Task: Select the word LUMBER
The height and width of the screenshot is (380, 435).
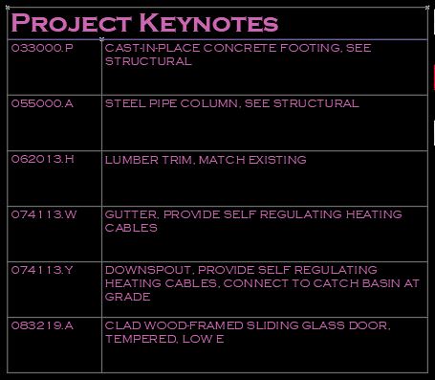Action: tap(128, 159)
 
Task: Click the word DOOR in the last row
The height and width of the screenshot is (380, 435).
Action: tap(369, 325)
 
